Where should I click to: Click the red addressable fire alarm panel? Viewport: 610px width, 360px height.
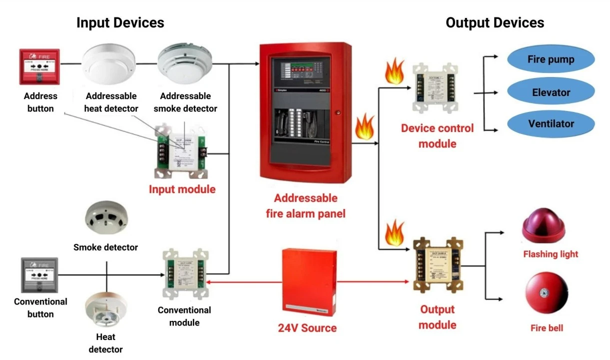pyautogui.click(x=305, y=112)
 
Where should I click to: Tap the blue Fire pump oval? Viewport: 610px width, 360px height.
pyautogui.click(x=551, y=59)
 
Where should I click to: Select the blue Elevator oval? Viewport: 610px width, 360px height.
pyautogui.click(x=551, y=92)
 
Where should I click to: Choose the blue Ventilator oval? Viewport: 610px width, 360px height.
pyautogui.click(x=551, y=123)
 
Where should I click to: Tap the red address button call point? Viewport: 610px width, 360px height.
pyautogui.click(x=39, y=66)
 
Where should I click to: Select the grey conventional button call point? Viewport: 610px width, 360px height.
pyautogui.click(x=39, y=275)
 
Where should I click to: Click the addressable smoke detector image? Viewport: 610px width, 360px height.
pyautogui.click(x=185, y=64)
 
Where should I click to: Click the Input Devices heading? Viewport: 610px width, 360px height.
pyautogui.click(x=120, y=22)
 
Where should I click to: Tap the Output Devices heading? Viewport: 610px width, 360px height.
pyautogui.click(x=495, y=22)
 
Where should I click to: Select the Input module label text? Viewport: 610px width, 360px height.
pyautogui.click(x=182, y=189)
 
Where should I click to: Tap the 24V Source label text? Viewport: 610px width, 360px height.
pyautogui.click(x=307, y=328)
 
